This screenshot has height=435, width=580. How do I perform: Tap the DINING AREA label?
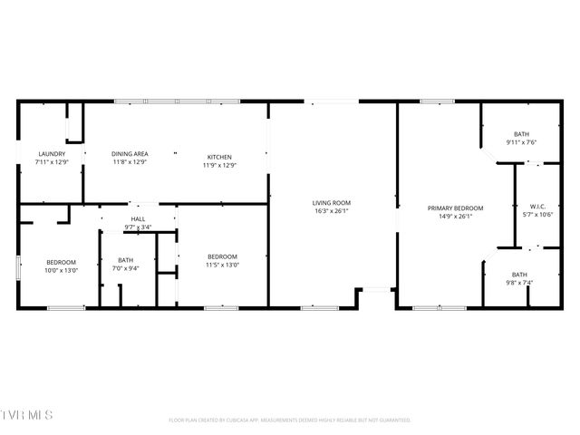[x=130, y=154]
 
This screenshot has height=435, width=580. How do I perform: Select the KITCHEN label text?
[x=219, y=156]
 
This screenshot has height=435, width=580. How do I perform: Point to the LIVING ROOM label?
[x=332, y=203]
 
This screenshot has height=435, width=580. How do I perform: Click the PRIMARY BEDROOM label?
[x=456, y=208]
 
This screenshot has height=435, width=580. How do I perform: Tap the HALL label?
[x=138, y=219]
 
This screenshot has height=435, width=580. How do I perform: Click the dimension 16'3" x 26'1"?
[x=332, y=211]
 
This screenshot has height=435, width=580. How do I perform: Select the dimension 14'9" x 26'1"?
[x=456, y=217]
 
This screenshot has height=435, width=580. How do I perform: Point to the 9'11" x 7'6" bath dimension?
[x=521, y=142]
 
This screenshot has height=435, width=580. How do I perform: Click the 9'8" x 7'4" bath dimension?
[x=519, y=283]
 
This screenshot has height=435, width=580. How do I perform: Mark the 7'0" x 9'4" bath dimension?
[x=125, y=268]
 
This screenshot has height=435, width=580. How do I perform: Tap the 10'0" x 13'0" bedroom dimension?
[x=63, y=270]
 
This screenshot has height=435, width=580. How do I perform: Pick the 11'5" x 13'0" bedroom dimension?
[x=222, y=265]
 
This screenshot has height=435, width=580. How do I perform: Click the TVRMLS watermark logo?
[x=27, y=415]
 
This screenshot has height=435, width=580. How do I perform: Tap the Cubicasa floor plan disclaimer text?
[x=290, y=420]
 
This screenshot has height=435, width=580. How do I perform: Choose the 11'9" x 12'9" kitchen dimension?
[x=219, y=165]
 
